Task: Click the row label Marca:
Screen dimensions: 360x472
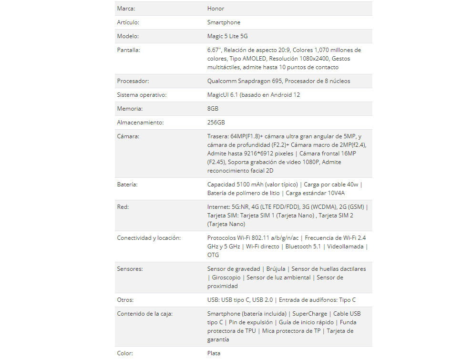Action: click(126, 9)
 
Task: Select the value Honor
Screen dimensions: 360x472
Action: click(215, 9)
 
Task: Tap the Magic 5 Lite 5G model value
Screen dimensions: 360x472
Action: click(227, 36)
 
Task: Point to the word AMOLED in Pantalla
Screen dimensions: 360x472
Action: click(254, 59)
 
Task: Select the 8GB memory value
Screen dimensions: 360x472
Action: click(213, 109)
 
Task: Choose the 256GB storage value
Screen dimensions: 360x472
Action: click(216, 123)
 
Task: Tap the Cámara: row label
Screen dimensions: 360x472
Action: click(127, 136)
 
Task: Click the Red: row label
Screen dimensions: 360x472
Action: click(123, 207)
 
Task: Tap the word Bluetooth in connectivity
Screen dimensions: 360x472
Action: click(298, 247)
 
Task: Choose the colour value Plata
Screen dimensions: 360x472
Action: click(214, 353)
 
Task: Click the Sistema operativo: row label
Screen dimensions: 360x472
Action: click(142, 95)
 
